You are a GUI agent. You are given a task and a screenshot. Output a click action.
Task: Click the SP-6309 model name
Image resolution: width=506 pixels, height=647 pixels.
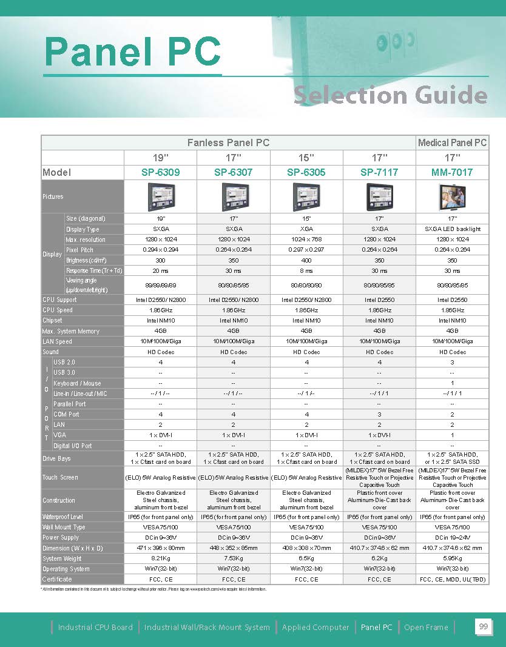pos(161,172)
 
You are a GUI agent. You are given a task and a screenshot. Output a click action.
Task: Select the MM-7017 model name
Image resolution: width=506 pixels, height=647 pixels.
pos(452,172)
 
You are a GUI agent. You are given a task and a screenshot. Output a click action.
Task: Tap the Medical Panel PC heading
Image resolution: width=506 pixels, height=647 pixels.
pos(453,143)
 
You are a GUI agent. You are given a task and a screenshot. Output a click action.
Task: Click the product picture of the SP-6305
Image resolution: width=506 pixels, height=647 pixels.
pos(306,196)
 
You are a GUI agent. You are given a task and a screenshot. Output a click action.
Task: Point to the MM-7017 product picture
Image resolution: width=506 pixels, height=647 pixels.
pos(452,196)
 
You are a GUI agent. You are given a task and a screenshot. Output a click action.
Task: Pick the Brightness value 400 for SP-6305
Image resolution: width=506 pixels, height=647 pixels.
pos(306,260)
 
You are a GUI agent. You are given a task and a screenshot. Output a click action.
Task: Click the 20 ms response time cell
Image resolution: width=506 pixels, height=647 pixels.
pos(161,271)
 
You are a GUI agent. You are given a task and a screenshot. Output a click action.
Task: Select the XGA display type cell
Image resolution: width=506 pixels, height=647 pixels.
pos(306,229)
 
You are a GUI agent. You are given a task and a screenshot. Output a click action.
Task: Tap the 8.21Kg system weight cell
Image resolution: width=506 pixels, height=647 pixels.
pos(161,558)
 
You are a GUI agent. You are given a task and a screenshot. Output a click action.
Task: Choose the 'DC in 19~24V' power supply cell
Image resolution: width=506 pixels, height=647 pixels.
pos(452,538)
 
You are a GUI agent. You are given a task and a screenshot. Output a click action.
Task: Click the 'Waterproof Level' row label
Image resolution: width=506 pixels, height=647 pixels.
pos(63,517)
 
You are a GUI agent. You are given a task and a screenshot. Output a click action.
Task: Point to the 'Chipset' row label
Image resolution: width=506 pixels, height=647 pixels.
pos(52,321)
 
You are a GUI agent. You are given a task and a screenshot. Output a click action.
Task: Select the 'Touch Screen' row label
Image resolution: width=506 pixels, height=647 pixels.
pos(60,478)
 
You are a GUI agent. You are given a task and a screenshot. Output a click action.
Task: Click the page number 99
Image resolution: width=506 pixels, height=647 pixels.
pos(484,627)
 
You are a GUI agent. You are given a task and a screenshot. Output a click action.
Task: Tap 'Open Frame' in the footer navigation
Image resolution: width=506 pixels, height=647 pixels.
pos(426,628)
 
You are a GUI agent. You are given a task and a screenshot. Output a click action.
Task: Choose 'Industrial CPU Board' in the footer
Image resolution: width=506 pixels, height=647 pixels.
pos(95,628)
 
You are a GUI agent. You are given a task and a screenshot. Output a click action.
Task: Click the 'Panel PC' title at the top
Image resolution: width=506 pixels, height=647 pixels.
pos(133,52)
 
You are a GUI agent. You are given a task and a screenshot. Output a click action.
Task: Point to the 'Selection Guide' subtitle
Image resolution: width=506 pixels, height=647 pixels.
pos(390,95)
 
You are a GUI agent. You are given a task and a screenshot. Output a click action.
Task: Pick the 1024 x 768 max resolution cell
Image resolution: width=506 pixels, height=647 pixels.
pos(306,240)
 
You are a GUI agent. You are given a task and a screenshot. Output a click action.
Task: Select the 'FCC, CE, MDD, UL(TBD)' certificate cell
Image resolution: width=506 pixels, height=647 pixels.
pos(452,580)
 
